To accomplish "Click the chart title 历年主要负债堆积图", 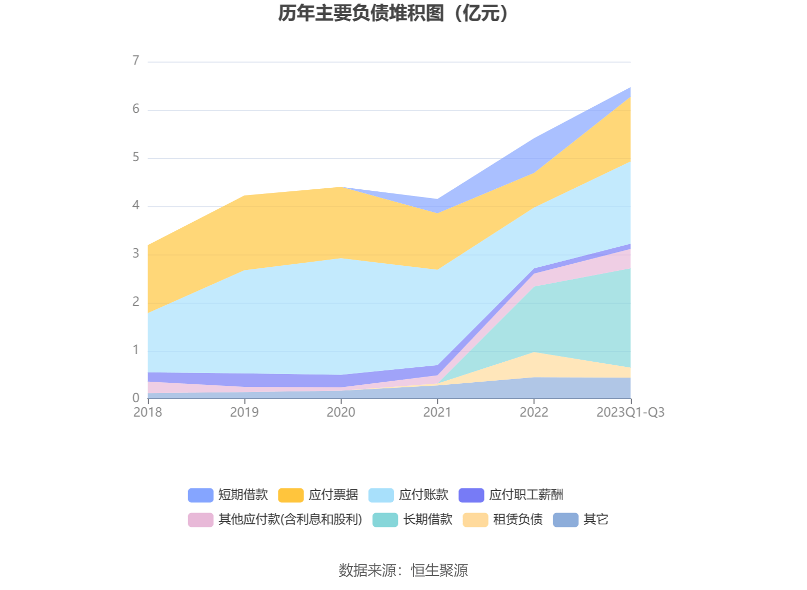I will pyautogui.click(x=393, y=13).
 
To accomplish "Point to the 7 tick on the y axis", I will pyautogui.click(x=136, y=61).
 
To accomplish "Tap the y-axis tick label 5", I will pyautogui.click(x=136, y=157).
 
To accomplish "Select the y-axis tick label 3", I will pyautogui.click(x=136, y=253).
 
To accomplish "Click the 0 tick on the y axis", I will pyautogui.click(x=136, y=398).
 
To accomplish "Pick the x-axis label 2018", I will pyautogui.click(x=148, y=412).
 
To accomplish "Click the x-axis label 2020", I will pyautogui.click(x=341, y=412).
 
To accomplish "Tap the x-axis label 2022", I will pyautogui.click(x=534, y=412).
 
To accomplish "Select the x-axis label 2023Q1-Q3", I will pyautogui.click(x=630, y=412).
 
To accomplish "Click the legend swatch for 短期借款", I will pyautogui.click(x=200, y=495).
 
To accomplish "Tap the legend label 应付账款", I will pyautogui.click(x=423, y=495).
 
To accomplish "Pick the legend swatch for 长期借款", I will pyautogui.click(x=385, y=520).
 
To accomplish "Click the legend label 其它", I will pyautogui.click(x=596, y=520).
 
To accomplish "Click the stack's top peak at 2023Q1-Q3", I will pyautogui.click(x=631, y=88).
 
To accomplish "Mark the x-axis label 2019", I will pyautogui.click(x=244, y=412).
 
